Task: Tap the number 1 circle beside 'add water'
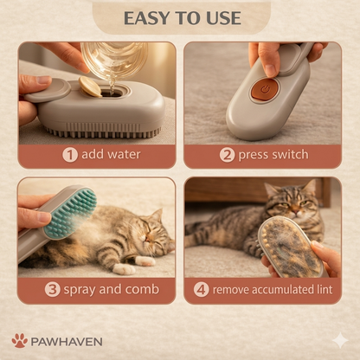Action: (x=70, y=155)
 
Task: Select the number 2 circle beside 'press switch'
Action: (x=227, y=155)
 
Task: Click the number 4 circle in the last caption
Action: (x=201, y=289)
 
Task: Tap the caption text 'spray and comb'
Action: (x=103, y=289)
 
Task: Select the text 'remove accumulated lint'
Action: (x=273, y=289)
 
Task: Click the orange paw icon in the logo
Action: (x=20, y=340)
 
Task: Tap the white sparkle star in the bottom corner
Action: (x=340, y=340)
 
